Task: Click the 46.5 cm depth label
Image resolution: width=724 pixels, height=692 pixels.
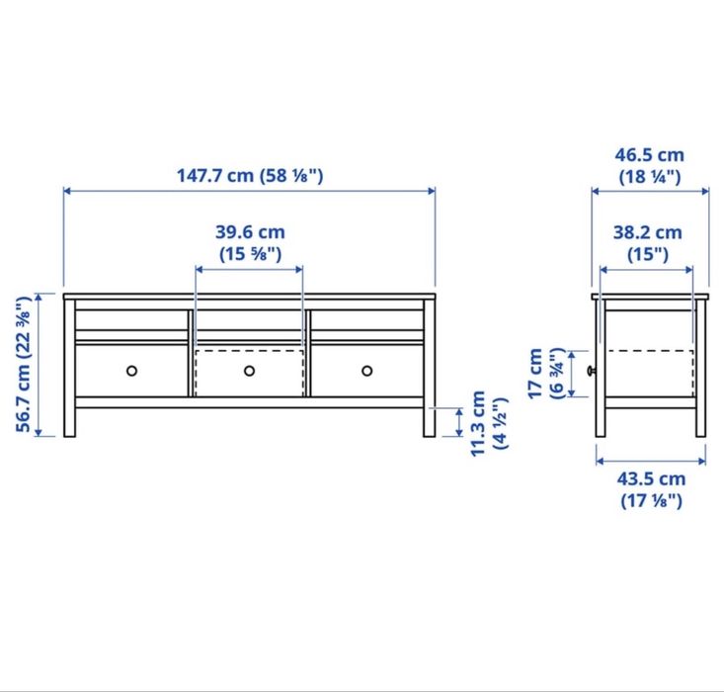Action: pos(649,155)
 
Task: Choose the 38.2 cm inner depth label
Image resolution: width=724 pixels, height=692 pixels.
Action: pos(647,233)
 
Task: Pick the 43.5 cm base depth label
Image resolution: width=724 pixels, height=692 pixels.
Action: pos(651,479)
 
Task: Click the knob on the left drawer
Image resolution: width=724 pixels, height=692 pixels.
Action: pos(131,371)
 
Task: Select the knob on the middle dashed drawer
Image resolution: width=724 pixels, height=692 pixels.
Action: pos(249,371)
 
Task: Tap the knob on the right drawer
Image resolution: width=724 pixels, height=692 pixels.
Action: pos(366,371)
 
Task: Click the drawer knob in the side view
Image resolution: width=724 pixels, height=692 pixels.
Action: pos(592,371)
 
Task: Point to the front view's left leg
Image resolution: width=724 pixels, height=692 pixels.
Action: pos(69,420)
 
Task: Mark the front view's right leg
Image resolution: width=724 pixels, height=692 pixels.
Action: pos(430,420)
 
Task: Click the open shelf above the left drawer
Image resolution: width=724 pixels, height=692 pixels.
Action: pos(131,320)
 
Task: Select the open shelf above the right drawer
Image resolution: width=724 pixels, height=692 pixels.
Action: pos(366,320)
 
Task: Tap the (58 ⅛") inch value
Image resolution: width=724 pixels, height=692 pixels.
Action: pos(291,176)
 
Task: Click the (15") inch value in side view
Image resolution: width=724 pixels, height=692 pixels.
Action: pos(647,254)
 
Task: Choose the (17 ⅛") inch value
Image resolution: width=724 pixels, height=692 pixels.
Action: pos(651,500)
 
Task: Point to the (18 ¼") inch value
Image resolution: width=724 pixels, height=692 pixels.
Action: pos(649,177)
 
